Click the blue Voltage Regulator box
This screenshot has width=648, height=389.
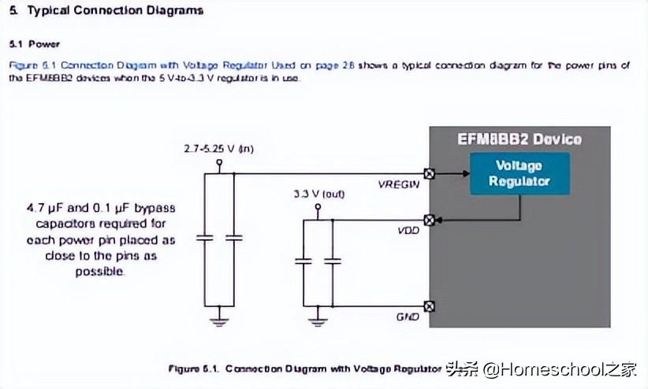click(519, 174)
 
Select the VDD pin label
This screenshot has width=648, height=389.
click(408, 232)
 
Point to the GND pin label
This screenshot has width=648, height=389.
click(408, 317)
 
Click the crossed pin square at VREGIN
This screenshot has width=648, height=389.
click(430, 173)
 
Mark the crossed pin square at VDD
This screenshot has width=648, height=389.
click(430, 220)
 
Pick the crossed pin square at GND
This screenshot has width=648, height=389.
click(430, 306)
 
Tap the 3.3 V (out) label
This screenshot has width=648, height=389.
click(318, 194)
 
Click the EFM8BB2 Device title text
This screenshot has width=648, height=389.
click(520, 139)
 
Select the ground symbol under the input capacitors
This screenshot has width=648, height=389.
click(220, 320)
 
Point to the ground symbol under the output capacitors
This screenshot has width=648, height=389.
click(318, 320)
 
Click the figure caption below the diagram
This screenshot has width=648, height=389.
click(304, 368)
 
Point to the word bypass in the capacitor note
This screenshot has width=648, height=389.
click(155, 208)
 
